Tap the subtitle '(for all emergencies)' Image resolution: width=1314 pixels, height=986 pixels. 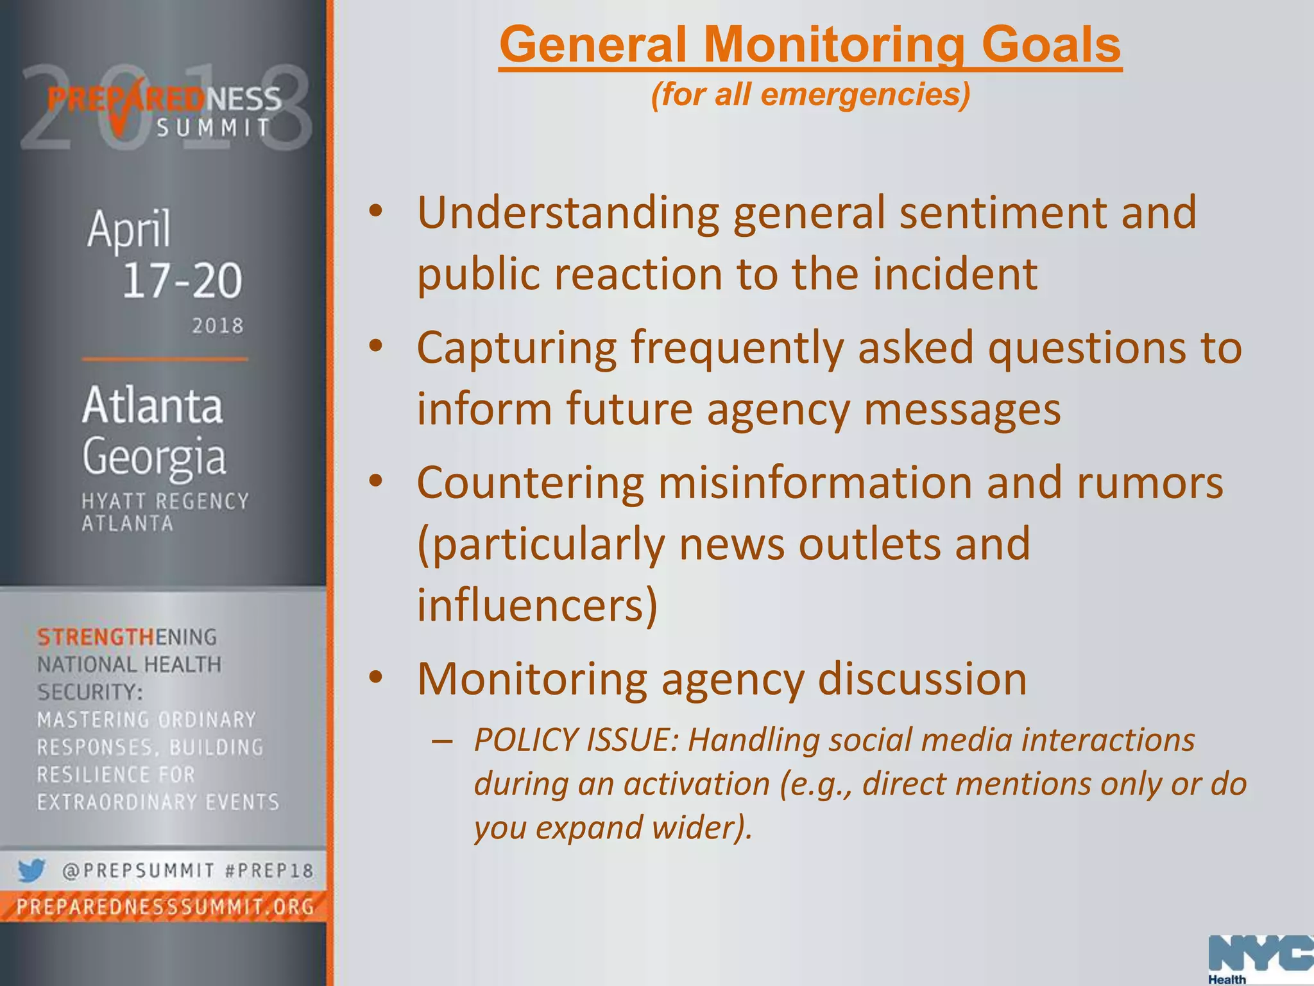810,94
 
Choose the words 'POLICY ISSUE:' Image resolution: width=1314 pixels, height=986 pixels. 576,740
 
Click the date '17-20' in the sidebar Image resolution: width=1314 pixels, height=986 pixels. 182,281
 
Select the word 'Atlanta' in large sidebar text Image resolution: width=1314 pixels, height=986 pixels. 153,406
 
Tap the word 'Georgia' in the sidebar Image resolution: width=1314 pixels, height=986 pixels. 154,457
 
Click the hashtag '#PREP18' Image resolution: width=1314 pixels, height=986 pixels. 269,871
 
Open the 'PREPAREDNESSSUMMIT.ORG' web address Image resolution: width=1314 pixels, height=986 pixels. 165,907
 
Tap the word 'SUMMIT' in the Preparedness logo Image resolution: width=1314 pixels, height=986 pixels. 214,128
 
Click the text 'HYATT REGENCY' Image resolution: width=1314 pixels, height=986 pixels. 165,501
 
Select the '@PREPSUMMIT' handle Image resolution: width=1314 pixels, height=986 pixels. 138,871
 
